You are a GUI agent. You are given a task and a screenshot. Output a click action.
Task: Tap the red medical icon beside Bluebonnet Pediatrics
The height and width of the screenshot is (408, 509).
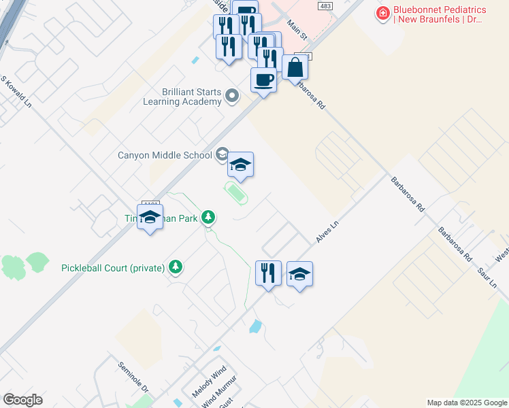point(384,14)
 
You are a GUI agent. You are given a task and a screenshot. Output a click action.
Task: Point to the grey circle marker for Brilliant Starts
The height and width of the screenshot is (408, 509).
point(232,96)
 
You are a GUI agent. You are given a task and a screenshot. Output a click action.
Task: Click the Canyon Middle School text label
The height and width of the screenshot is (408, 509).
point(165,155)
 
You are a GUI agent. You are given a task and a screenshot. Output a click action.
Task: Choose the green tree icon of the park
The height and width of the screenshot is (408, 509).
point(209,218)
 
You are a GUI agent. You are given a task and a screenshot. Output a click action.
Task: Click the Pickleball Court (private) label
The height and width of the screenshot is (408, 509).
point(113,267)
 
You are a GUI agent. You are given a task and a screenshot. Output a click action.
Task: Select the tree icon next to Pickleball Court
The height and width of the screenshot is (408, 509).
point(176,267)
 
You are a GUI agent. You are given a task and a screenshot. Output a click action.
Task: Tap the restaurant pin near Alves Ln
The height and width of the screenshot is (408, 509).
point(268,273)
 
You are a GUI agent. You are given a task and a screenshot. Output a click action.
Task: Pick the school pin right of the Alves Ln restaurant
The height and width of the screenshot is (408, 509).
point(299,273)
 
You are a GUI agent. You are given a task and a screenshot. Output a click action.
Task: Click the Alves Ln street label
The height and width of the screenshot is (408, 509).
point(327,232)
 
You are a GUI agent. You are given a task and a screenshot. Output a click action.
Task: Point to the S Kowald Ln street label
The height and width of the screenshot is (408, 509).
point(16,92)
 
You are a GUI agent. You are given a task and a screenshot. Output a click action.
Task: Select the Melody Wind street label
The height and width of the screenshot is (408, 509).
point(208,382)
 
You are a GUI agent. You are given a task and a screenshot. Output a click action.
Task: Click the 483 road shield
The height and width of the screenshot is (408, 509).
point(327,5)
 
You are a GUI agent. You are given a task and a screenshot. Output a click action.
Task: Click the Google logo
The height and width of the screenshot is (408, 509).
point(22,400)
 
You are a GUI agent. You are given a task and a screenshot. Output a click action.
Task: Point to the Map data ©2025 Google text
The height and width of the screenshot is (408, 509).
point(466,403)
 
